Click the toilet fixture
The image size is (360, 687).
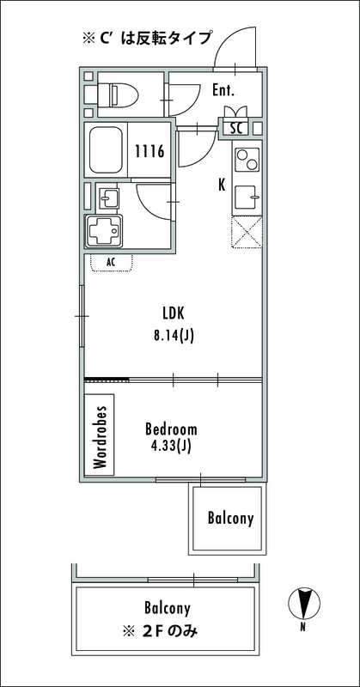tap(117, 94)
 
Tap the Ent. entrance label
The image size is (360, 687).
tap(223, 90)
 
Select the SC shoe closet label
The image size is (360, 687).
tap(236, 129)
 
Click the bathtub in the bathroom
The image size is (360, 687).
tap(107, 149)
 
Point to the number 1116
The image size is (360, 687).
tap(149, 152)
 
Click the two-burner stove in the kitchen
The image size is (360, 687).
tap(247, 160)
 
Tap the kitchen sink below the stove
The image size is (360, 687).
tap(247, 198)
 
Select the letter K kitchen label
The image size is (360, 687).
tap(223, 185)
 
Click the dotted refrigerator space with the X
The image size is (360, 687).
tap(247, 232)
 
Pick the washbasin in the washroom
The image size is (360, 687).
tap(107, 199)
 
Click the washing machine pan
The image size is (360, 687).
tap(104, 231)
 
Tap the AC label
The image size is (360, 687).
tap(111, 262)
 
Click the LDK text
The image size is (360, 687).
tap(174, 313)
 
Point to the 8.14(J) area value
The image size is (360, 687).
tap(174, 336)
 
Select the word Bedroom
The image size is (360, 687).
tap(171, 429)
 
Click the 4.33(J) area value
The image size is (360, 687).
tap(171, 447)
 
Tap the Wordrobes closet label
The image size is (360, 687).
tap(100, 438)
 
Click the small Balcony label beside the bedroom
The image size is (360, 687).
tap(230, 519)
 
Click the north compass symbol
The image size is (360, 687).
tap(304, 604)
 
